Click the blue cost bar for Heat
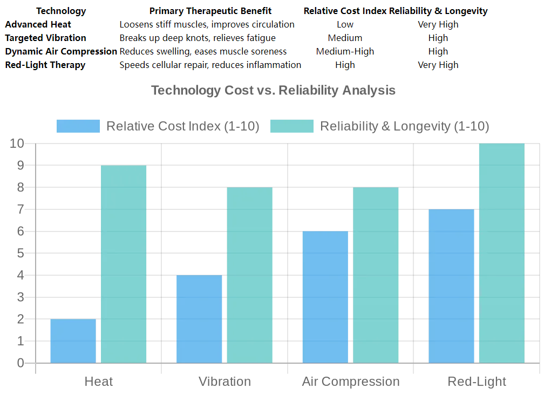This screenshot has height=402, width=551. pyautogui.click(x=73, y=340)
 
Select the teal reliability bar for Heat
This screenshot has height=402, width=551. pyautogui.click(x=124, y=264)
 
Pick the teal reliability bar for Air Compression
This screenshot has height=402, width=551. pyautogui.click(x=376, y=275)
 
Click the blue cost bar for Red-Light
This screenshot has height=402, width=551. pyautogui.click(x=451, y=285)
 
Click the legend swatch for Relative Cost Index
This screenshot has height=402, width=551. pyautogui.click(x=78, y=126)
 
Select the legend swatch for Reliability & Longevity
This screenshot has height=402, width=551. pyautogui.click(x=291, y=126)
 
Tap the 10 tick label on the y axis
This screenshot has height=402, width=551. pyautogui.click(x=17, y=144)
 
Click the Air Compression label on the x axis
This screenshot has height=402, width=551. pyautogui.click(x=351, y=381)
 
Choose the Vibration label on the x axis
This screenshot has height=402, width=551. pyautogui.click(x=225, y=381)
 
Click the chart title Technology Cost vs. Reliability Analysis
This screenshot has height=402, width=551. pyautogui.click(x=273, y=90)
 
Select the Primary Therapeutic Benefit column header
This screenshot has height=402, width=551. pyautogui.click(x=210, y=11)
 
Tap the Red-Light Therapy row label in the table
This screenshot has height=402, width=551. pyautogui.click(x=45, y=65)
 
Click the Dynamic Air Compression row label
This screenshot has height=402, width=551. pyautogui.click(x=61, y=51)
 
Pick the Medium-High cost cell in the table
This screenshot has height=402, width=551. pyautogui.click(x=345, y=51)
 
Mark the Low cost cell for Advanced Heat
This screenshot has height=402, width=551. pyautogui.click(x=345, y=24)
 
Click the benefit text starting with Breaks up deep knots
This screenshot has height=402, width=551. pyautogui.click(x=198, y=38)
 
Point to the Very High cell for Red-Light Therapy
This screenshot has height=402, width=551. pyautogui.click(x=438, y=65)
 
